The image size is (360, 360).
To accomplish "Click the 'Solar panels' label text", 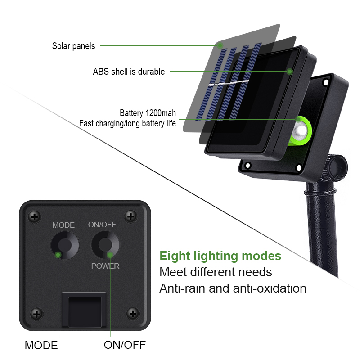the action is [73, 46].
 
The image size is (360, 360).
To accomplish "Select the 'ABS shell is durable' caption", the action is [129, 72].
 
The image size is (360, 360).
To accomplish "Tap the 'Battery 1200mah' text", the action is [148, 113].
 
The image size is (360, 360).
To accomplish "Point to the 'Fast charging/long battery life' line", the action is [127, 123].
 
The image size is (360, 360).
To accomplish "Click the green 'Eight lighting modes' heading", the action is [220, 256].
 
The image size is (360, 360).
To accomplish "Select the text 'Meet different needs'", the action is [216, 272].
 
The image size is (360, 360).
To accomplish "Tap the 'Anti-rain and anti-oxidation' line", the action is [233, 288].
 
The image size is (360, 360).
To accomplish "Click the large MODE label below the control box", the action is [41, 345].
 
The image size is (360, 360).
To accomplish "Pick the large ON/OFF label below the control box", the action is [125, 345].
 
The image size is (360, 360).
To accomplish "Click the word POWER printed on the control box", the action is [105, 266].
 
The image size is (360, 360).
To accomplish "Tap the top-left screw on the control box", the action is [35, 217].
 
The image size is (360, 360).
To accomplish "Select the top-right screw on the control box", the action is [131, 216].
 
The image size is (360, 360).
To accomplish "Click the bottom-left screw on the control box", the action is [37, 314].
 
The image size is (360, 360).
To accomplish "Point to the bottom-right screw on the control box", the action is [133, 314].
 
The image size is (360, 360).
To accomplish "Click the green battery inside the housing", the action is [300, 131].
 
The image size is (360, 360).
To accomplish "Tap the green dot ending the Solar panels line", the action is [220, 45].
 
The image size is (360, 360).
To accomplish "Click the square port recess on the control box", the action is [85, 311].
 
